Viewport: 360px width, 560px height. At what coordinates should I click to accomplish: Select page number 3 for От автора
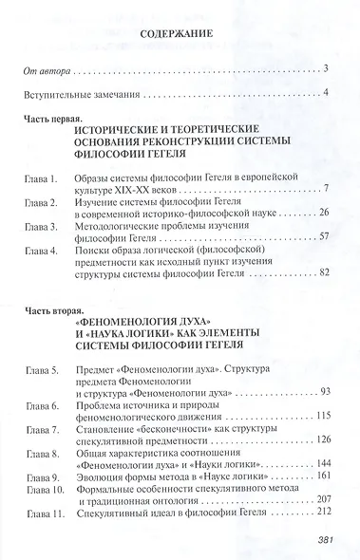(x=325, y=68)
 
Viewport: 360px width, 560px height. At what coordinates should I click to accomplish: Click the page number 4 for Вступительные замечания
(x=325, y=93)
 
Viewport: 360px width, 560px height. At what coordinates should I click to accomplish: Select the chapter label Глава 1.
(x=43, y=177)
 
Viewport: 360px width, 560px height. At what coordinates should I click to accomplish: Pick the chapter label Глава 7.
(x=43, y=440)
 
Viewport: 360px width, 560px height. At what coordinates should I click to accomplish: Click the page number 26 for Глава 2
(x=322, y=214)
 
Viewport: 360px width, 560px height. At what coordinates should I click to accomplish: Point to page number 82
(x=322, y=273)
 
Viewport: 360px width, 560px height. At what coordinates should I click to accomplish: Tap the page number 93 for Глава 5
(x=322, y=391)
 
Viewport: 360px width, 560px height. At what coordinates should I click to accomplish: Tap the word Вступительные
(x=62, y=94)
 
